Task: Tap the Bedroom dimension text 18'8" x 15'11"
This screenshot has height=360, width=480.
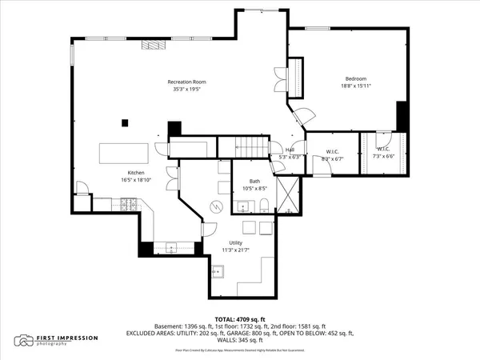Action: coord(355,86)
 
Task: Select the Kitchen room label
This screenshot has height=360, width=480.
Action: coord(135,173)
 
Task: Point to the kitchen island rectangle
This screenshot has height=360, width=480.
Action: coord(123,152)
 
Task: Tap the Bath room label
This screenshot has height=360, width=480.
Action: coord(254,182)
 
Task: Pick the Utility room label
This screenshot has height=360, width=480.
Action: coord(236,242)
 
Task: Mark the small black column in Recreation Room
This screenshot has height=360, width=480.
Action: coord(124,122)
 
